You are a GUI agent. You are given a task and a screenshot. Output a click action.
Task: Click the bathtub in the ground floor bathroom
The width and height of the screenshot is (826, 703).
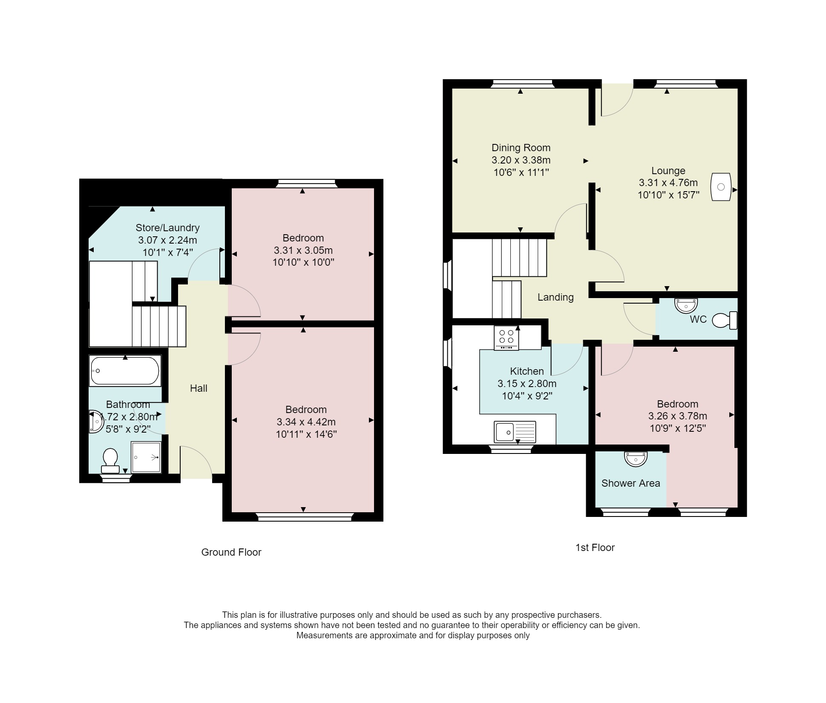click(125, 371)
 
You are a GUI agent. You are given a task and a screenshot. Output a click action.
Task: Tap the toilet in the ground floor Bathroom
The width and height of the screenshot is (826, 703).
click(110, 461)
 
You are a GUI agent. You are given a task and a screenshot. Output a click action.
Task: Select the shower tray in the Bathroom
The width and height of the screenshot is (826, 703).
click(147, 457)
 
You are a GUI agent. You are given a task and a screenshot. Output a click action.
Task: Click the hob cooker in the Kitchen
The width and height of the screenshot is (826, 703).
click(507, 338)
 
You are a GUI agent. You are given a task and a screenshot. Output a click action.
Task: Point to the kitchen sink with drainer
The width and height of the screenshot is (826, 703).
click(515, 432)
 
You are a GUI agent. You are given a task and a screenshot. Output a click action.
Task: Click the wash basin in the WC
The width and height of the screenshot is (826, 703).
click(686, 305)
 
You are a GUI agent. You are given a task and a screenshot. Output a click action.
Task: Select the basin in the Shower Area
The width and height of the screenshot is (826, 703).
click(636, 459)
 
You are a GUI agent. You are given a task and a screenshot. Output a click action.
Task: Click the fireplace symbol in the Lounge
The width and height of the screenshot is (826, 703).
click(721, 187)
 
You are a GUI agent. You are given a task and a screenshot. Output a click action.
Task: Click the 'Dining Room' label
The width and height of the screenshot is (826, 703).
click(521, 148)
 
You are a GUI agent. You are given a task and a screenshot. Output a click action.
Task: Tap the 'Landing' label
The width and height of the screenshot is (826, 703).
click(555, 297)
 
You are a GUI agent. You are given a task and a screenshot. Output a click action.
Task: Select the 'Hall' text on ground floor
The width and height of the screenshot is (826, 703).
click(199, 388)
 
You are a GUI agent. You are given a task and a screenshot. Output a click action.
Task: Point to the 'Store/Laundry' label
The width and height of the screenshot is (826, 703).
click(167, 228)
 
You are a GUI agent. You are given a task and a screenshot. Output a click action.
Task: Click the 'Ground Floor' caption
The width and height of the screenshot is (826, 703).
click(231, 552)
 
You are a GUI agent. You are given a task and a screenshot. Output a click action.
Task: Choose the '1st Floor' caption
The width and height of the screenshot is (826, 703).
click(595, 548)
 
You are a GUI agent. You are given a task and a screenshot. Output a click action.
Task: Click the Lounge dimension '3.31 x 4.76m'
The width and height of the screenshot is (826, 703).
click(668, 183)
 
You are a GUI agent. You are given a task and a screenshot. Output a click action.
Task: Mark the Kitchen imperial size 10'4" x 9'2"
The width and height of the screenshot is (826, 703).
click(527, 396)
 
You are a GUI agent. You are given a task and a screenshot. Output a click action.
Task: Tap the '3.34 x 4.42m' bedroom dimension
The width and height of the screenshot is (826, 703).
click(306, 422)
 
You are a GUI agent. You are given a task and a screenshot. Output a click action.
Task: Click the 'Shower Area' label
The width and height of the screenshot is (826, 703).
click(631, 483)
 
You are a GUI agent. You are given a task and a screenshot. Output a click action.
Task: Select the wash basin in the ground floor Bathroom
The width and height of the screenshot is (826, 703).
click(95, 422)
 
